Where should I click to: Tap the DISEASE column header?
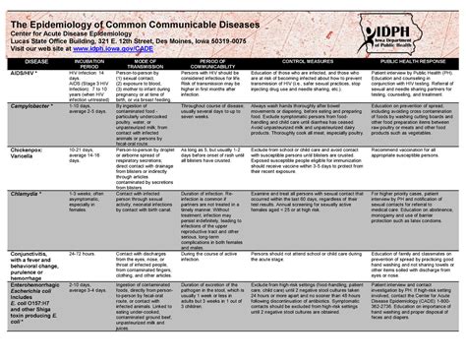pos(24,61)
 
